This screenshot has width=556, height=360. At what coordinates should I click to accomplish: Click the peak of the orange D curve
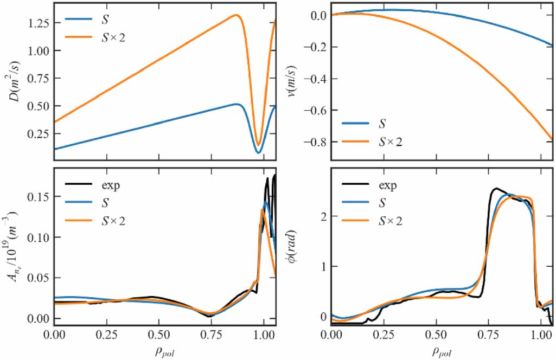tap(237, 15)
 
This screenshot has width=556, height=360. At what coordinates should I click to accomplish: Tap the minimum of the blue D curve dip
tap(259, 152)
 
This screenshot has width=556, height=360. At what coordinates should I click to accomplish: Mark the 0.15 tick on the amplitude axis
tap(39, 197)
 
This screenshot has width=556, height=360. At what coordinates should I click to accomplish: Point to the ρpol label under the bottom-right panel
tap(440, 351)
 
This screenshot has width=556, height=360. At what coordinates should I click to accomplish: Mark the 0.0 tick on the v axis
tap(318, 16)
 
